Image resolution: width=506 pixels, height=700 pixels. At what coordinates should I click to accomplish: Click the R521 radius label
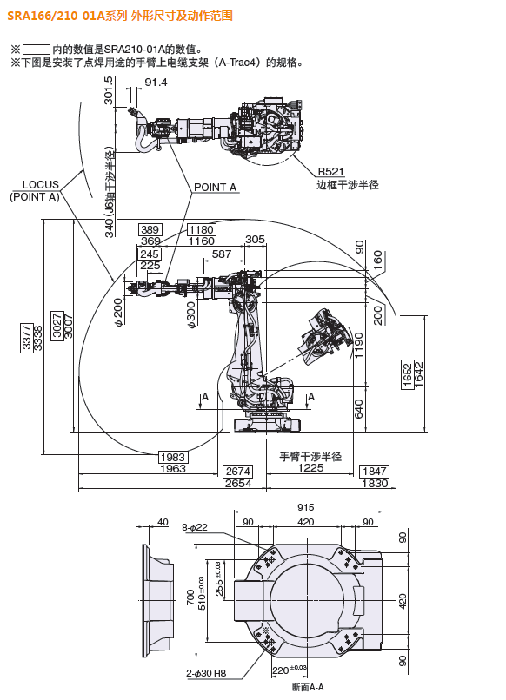pyautogui.click(x=331, y=171)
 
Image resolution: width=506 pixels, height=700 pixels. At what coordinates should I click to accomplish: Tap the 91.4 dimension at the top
pyautogui.click(x=156, y=83)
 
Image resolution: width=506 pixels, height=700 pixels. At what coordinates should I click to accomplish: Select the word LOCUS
pyautogui.click(x=40, y=184)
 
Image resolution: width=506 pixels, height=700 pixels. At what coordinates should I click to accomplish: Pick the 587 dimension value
pyautogui.click(x=222, y=254)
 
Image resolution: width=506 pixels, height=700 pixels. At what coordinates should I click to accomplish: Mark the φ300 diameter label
pyautogui.click(x=191, y=316)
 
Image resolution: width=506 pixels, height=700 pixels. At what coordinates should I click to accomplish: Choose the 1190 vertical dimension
pyautogui.click(x=359, y=347)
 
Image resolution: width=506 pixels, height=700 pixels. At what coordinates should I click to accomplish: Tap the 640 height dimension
pyautogui.click(x=359, y=408)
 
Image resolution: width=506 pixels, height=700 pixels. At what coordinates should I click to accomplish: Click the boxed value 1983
pyautogui.click(x=173, y=457)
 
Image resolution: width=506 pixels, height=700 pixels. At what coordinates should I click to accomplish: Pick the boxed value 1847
pyautogui.click(x=374, y=472)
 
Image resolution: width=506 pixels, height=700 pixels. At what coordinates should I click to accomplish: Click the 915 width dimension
pyautogui.click(x=305, y=507)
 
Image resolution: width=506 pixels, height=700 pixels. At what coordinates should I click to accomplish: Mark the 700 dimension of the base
pyautogui.click(x=190, y=598)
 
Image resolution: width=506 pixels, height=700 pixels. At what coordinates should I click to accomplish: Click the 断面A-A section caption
pyautogui.click(x=308, y=688)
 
